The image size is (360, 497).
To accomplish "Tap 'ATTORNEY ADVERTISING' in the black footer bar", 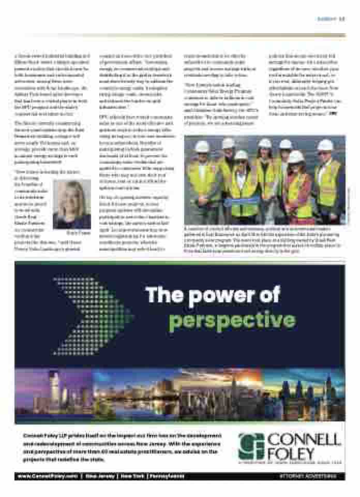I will coord(308,476).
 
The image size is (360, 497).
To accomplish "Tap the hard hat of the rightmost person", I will coord(325,145).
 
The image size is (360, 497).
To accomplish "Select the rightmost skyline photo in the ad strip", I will coord(305,396).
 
